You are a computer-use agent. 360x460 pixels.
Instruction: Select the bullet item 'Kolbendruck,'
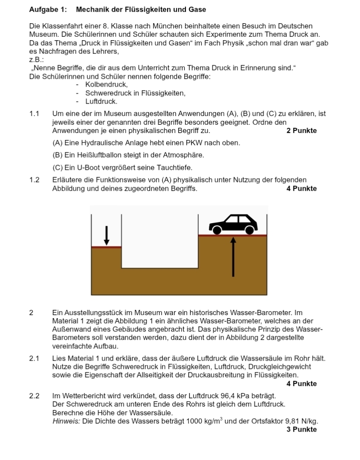click(106, 84)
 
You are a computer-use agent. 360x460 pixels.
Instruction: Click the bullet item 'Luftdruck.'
click(101, 102)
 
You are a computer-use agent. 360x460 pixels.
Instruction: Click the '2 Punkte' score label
click(301, 130)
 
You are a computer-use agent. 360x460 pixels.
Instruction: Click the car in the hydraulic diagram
click(233, 224)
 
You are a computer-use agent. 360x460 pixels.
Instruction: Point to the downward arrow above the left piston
click(106, 235)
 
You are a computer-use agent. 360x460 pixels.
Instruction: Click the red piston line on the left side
click(106, 247)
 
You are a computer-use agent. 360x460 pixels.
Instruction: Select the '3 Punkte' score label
click(301, 429)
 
